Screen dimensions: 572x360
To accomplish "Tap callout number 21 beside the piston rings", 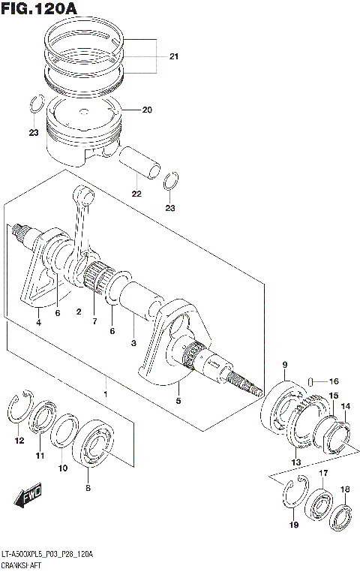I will point(173,57).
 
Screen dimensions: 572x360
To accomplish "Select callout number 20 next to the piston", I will point(146,110).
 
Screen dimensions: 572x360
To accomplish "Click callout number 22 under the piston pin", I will point(136,194).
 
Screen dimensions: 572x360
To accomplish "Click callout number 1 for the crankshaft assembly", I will point(105,394).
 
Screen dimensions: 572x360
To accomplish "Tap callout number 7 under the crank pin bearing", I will point(94,321).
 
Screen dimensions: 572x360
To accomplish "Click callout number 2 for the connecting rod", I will point(77,311).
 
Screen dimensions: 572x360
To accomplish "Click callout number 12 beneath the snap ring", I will point(19,441).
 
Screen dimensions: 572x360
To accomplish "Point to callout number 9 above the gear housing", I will point(285,365).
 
